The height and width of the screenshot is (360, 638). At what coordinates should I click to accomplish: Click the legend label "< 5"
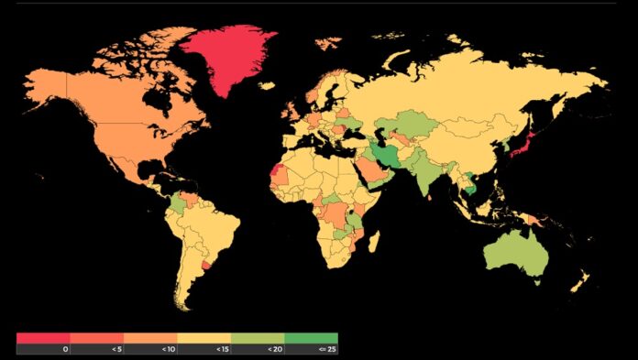click(116, 349)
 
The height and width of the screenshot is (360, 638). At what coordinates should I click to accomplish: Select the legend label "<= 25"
click(328, 349)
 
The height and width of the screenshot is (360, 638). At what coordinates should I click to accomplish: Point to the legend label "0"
click(65, 349)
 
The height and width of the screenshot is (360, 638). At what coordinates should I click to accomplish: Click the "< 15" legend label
click(223, 349)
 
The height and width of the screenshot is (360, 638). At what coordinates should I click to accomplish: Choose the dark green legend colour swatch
click(311, 337)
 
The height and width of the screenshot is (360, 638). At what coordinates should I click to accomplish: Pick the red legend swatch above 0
click(43, 337)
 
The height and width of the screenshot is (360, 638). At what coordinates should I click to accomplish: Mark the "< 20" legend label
click(276, 349)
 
